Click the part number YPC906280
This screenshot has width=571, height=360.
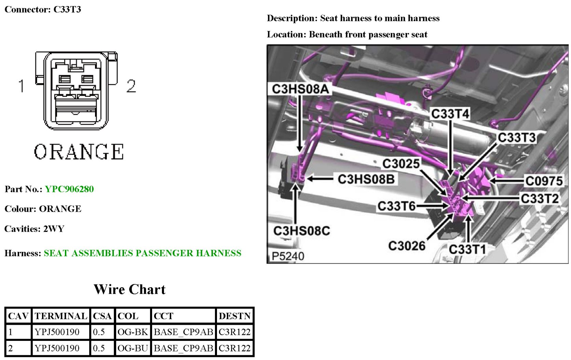pos(69,189)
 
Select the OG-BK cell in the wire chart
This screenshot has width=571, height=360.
pos(133,332)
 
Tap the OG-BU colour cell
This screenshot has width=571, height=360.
pos(133,348)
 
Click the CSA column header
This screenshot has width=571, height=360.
pos(102,316)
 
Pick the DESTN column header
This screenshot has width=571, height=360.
pos(235,316)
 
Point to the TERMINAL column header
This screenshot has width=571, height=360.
pos(61,316)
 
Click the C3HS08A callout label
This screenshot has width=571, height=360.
pos(300,89)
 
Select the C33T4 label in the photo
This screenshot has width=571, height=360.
pos(450,114)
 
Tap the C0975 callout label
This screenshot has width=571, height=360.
pos(544,181)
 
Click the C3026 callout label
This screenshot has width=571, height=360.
pos(407,246)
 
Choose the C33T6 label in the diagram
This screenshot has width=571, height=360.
pos(396,206)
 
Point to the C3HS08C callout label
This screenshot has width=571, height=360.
pos(301,231)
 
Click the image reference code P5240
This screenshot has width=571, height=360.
pos(288,256)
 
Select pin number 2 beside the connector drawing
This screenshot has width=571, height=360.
pos(131,85)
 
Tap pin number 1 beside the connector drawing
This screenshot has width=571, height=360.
pos(22,85)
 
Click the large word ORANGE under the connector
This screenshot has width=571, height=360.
pos(79,152)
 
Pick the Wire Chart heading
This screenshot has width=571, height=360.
pos(130,289)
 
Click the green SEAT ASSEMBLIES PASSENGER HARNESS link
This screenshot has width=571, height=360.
pos(142,253)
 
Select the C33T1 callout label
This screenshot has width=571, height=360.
pos(467,249)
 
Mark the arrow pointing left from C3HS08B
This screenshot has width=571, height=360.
pos(320,178)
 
